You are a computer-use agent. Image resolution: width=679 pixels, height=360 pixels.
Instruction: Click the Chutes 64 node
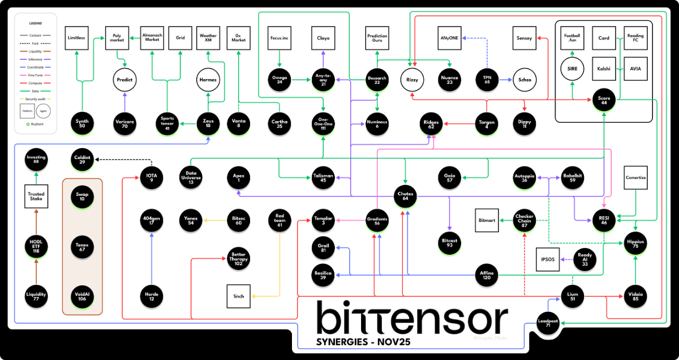click(405, 195)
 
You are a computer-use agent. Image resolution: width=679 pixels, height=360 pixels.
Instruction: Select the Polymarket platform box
click(117, 38)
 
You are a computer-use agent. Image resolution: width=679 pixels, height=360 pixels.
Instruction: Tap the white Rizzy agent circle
click(412, 80)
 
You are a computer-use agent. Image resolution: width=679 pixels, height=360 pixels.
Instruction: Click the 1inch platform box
click(238, 296)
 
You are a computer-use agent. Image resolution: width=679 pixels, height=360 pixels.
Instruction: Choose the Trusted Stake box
click(36, 196)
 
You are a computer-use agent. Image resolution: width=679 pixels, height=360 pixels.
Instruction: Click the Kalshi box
click(604, 68)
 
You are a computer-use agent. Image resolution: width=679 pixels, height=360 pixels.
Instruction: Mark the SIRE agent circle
click(572, 69)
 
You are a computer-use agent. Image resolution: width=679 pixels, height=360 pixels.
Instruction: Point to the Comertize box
click(635, 177)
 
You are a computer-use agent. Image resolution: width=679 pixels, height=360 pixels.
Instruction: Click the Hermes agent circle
click(208, 80)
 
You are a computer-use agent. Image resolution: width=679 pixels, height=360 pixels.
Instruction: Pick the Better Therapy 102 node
click(238, 259)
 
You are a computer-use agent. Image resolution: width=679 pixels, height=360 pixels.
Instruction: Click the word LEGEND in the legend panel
click(36, 24)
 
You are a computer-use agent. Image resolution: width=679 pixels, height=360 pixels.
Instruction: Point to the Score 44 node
click(604, 100)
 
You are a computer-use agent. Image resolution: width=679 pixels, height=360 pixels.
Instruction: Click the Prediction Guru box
click(377, 38)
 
